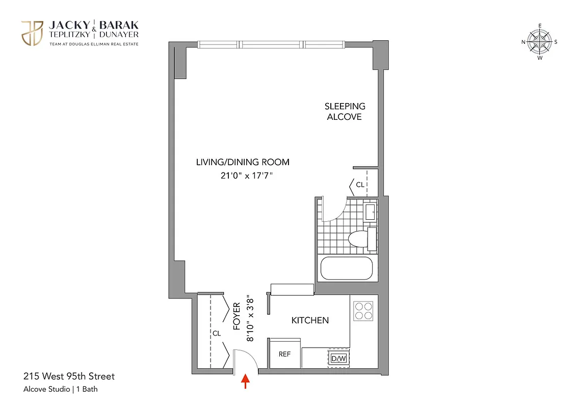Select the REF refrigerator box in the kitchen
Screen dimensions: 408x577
point(284,353)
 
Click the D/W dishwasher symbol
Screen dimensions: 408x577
point(338,358)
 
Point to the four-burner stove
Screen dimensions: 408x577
point(364,311)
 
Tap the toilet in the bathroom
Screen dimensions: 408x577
point(360,239)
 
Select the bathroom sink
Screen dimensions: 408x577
point(370,211)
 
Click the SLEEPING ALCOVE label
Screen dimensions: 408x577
point(345,111)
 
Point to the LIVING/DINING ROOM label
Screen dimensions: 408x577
point(243,162)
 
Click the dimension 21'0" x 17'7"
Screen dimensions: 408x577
point(243,176)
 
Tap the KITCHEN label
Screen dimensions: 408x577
point(310,320)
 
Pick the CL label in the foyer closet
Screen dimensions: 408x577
point(217,334)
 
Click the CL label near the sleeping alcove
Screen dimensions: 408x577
point(360,185)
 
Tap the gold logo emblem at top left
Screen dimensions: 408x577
point(32,33)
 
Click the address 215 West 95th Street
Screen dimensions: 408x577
point(69,377)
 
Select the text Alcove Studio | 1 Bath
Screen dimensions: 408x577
point(61,390)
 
